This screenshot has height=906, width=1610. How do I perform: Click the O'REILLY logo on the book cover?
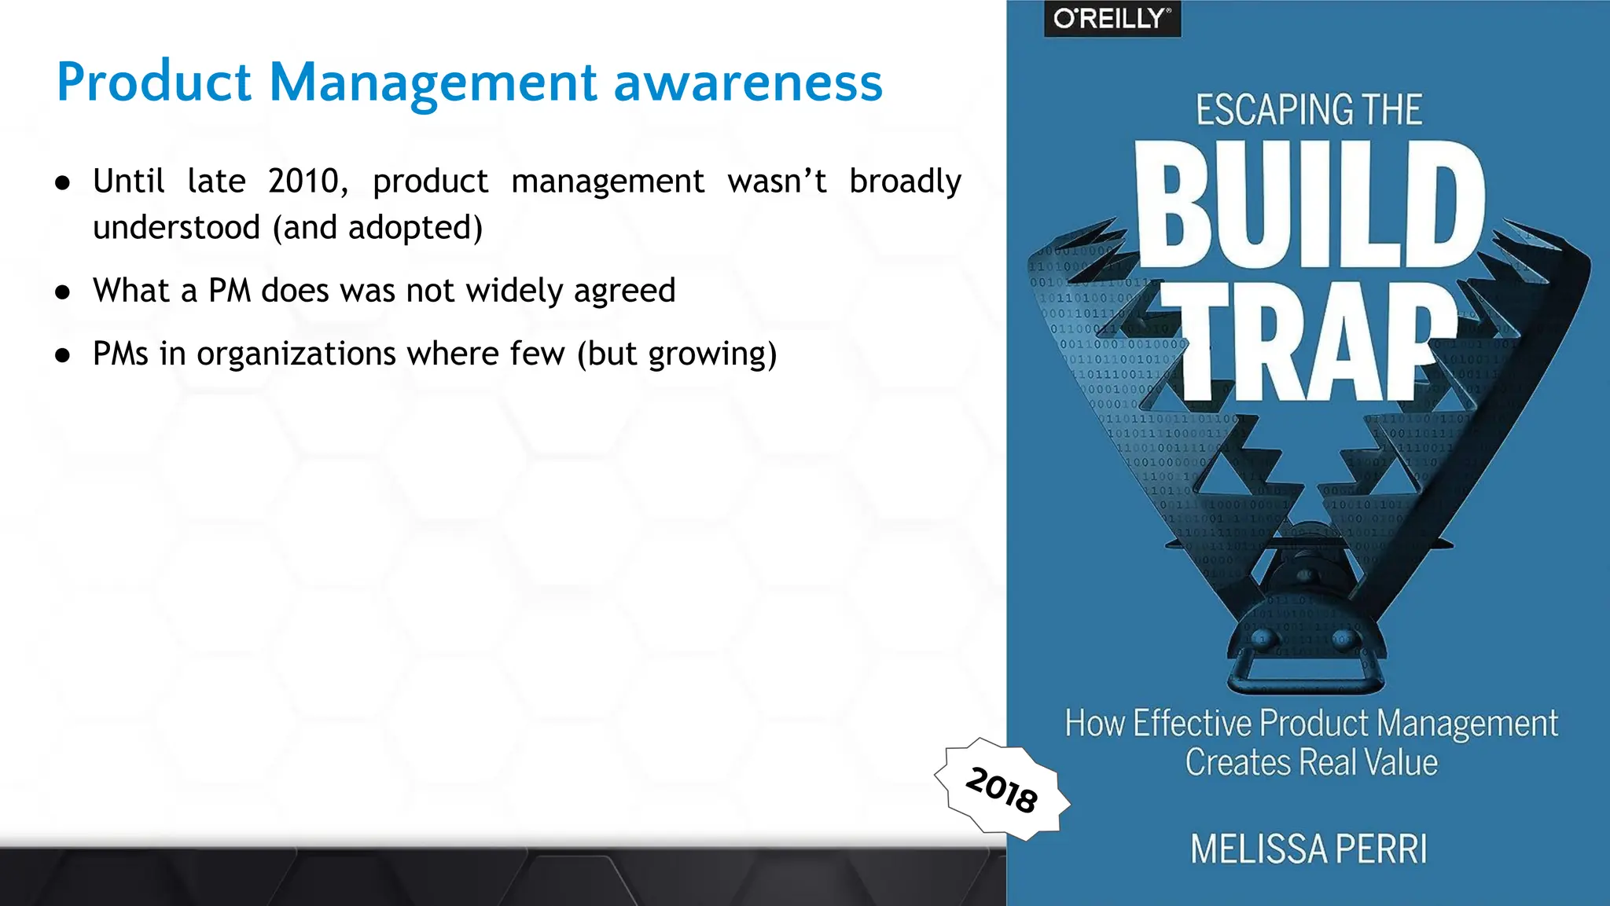coord(1112,18)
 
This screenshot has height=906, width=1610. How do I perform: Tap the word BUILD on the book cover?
coord(1309,206)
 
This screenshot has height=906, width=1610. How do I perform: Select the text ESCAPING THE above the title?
coord(1309,110)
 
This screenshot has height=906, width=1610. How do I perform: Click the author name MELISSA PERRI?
coord(1309,849)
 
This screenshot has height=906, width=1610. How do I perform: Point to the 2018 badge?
coord(1002,789)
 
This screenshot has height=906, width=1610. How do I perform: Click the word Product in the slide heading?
coord(154,82)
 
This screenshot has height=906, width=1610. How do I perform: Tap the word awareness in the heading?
coord(748,82)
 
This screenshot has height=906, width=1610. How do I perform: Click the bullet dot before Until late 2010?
coord(63,183)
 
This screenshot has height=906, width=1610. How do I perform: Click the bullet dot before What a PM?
coord(63,292)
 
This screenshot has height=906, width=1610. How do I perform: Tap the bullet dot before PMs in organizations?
coord(63,355)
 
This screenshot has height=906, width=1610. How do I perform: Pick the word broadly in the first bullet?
coord(905,182)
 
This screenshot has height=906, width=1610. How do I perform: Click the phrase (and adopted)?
coord(377,228)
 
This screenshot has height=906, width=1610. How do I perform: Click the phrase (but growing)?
coord(677,354)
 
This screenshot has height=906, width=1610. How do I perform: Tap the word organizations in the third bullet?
coord(296,354)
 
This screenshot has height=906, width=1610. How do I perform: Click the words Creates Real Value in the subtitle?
coord(1311,763)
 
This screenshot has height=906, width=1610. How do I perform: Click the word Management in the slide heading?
coord(433,82)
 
